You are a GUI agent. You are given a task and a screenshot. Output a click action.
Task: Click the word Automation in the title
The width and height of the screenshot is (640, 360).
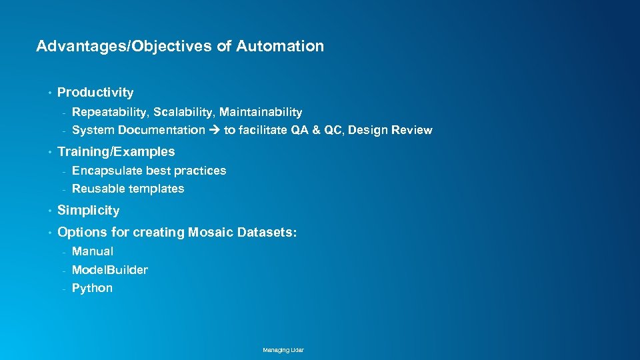pyautogui.click(x=280, y=47)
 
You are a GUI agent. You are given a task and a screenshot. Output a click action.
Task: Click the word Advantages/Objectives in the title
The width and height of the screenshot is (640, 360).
pyautogui.click(x=124, y=47)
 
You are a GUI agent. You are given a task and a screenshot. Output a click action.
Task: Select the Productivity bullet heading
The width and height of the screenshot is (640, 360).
pyautogui.click(x=95, y=93)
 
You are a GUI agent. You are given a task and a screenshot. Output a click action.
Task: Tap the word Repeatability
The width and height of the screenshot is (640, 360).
pyautogui.click(x=109, y=112)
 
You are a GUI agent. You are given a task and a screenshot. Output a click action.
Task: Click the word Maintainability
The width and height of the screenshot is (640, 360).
pyautogui.click(x=261, y=112)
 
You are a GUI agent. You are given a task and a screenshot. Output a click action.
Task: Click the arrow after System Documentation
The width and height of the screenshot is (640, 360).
pyautogui.click(x=214, y=130)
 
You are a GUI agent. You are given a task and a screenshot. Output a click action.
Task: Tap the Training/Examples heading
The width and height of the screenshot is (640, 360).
pyautogui.click(x=116, y=152)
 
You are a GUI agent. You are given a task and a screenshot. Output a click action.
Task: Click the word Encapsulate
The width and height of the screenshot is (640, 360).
pyautogui.click(x=107, y=171)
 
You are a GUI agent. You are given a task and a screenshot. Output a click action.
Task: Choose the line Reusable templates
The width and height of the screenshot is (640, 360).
pyautogui.click(x=128, y=189)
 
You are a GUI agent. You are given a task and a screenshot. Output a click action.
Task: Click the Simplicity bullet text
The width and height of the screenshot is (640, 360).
pyautogui.click(x=88, y=211)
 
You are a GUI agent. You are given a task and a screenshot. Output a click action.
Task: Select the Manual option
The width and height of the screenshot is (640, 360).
pyautogui.click(x=93, y=251)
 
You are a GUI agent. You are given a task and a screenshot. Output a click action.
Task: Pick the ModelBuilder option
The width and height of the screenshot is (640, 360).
pyautogui.click(x=110, y=270)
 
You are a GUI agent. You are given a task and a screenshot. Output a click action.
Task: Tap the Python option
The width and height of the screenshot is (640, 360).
pyautogui.click(x=92, y=288)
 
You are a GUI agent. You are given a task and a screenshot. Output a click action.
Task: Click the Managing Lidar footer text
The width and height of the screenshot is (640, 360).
pyautogui.click(x=283, y=350)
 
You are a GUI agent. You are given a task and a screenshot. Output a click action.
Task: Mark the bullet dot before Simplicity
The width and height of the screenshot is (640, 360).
pyautogui.click(x=50, y=211)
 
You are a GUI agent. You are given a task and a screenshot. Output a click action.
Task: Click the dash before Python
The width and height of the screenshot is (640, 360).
pyautogui.click(x=64, y=289)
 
